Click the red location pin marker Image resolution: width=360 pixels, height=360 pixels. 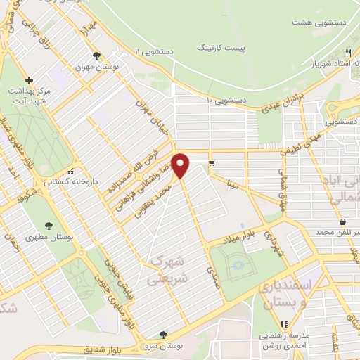[181, 166]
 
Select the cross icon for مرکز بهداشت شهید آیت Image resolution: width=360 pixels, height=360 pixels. [29, 80]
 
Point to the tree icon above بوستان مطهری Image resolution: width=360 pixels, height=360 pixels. [49, 225]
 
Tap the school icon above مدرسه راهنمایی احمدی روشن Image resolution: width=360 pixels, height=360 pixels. [285, 324]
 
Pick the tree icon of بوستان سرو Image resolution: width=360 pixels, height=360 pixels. [163, 335]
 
